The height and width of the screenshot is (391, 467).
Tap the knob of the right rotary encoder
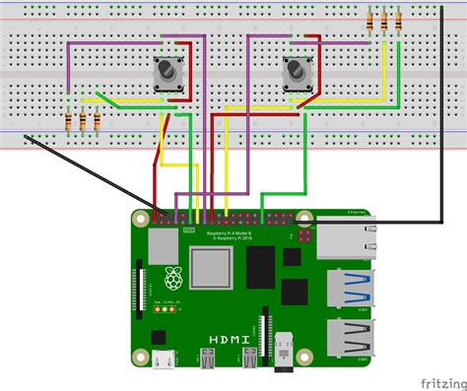pos(296,72)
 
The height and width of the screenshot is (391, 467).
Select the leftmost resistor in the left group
pos(68,121)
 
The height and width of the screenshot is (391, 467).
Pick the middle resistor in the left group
pos(83,121)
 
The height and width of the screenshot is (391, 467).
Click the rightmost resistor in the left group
pos(98,121)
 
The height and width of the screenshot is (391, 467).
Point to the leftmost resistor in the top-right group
pos(369,21)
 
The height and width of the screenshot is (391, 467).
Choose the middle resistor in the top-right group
pos(384,21)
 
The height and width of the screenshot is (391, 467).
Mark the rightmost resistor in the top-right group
pos(398,21)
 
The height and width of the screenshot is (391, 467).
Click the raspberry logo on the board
pos(173,278)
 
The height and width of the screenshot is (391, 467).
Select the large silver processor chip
pos(213,269)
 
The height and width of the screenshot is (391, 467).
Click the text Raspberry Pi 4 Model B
pos(230,232)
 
